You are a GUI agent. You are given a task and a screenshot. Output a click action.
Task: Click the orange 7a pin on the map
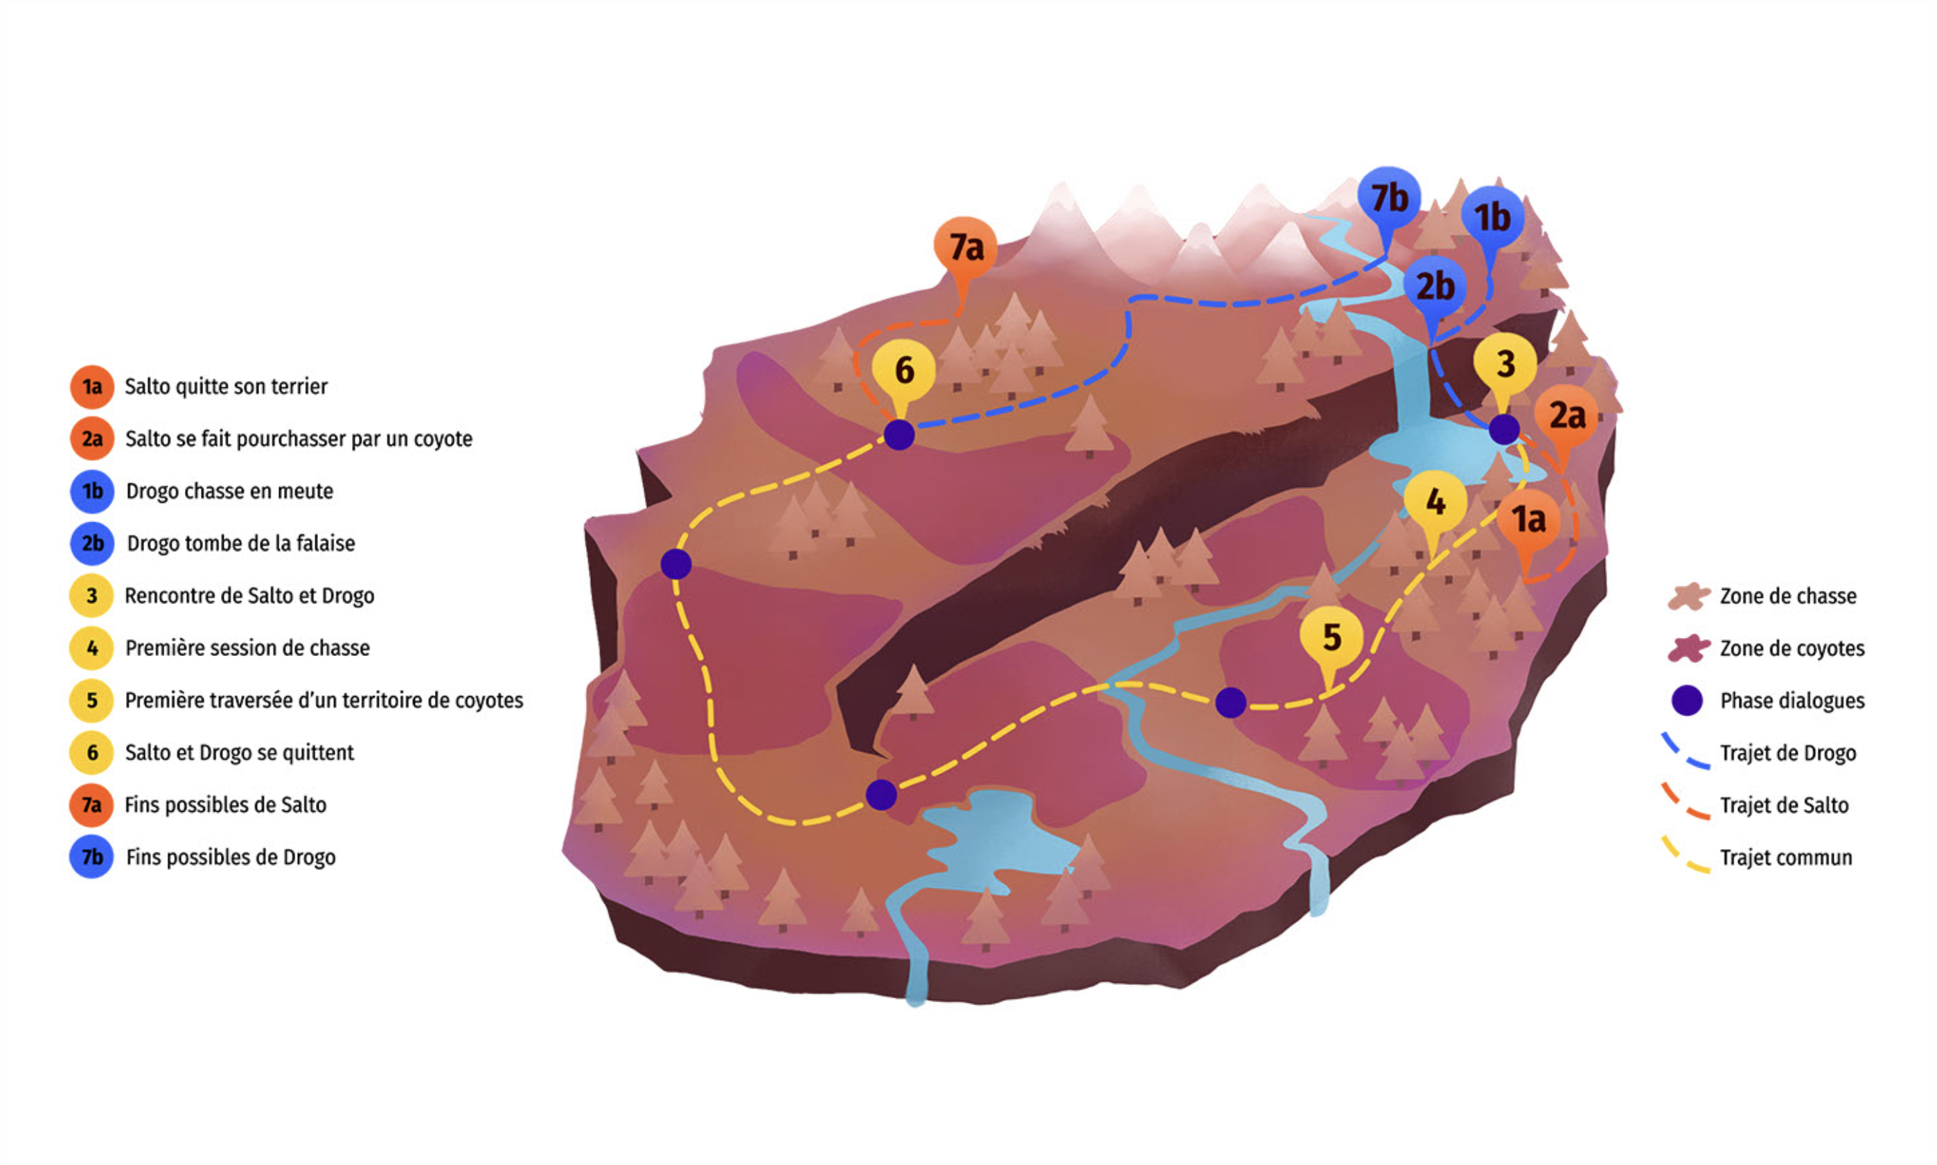(x=965, y=248)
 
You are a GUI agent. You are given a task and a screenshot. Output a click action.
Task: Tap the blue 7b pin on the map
(x=1388, y=198)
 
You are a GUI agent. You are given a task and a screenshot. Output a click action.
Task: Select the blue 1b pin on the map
(x=1491, y=217)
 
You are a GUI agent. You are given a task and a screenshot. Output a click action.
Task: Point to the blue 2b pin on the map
(x=1435, y=287)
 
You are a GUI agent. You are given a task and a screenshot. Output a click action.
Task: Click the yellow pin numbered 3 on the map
(x=1505, y=364)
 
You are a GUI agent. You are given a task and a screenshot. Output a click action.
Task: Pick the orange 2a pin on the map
(x=1566, y=416)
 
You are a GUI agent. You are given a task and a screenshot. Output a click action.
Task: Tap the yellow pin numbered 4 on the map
(x=1435, y=501)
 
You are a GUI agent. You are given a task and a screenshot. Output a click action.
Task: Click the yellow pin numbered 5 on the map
(x=1331, y=637)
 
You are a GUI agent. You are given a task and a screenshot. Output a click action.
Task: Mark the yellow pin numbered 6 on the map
(x=903, y=370)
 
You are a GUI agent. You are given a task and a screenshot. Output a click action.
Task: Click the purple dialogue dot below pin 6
(x=899, y=434)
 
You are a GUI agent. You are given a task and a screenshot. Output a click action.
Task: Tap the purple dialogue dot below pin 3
(x=1503, y=429)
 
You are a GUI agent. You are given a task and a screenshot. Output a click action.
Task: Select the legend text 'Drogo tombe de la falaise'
(x=240, y=543)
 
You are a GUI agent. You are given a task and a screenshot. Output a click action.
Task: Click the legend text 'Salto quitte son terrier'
(x=226, y=386)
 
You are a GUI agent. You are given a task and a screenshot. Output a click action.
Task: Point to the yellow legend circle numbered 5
(x=92, y=700)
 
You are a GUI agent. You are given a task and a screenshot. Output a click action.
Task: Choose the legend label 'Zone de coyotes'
(x=1792, y=648)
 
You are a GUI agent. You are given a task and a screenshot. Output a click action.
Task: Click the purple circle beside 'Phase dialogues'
(x=1686, y=700)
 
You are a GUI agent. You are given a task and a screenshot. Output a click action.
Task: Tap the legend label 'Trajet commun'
(x=1785, y=858)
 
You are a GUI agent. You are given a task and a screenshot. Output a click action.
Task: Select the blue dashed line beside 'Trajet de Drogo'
(x=1686, y=752)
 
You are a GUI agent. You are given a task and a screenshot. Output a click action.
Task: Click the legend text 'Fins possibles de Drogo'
(x=230, y=857)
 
